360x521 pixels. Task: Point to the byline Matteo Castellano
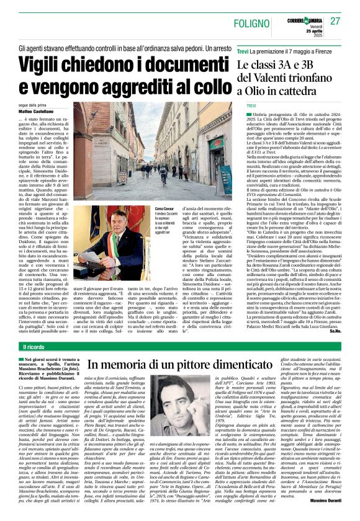(36, 113)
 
